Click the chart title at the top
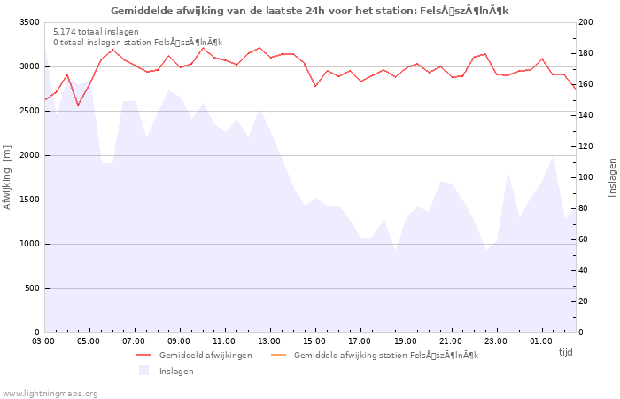point(309,11)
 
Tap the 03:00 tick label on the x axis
point(43,340)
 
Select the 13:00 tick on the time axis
point(269,340)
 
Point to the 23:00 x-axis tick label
point(495,340)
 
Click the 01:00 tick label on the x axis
point(540,340)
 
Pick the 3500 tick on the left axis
point(28,22)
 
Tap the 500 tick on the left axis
point(31,288)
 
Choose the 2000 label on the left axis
point(28,155)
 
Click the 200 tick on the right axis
point(587,22)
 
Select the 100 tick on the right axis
point(587,177)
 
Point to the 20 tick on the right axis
point(585,301)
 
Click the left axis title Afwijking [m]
point(8,177)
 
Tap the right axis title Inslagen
point(612,177)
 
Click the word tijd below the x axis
point(565,352)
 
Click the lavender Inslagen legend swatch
point(144,371)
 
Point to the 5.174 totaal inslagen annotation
point(96,31)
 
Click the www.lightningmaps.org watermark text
point(50,393)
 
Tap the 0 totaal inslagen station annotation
point(137,42)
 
